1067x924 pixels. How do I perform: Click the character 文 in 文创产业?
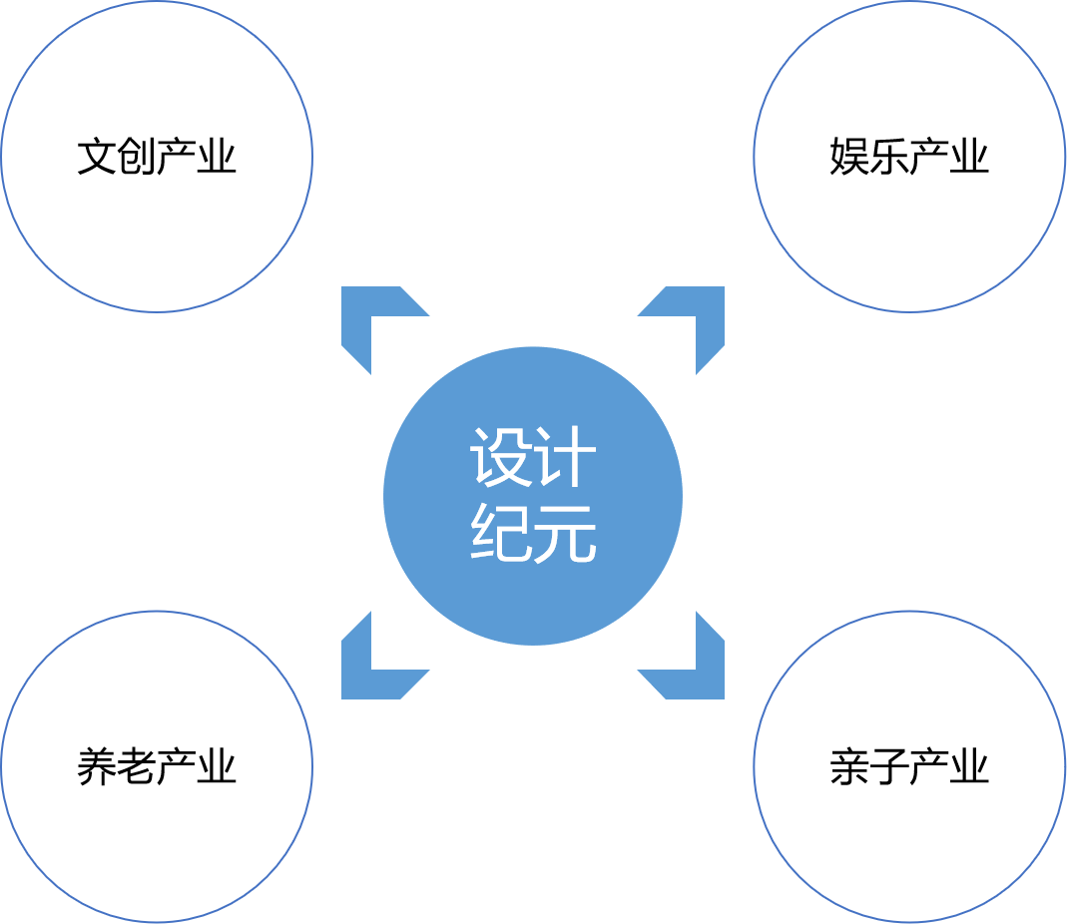tap(97, 158)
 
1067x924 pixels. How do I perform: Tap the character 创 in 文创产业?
tap(137, 158)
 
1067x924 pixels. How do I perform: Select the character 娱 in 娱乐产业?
tap(849, 158)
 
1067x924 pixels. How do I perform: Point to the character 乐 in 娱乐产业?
tap(889, 158)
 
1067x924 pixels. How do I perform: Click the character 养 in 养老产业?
tap(97, 767)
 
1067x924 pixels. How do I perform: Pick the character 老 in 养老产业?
tap(137, 767)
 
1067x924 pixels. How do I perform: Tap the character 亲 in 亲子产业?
tap(849, 767)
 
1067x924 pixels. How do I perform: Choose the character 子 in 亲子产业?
tap(889, 767)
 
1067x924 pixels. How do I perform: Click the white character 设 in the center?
tap(501, 458)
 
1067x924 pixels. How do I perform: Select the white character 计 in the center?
tap(565, 458)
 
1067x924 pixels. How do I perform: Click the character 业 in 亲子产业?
tap(969, 767)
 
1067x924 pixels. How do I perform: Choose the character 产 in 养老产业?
tap(177, 767)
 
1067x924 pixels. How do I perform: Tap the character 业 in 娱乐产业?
tap(969, 158)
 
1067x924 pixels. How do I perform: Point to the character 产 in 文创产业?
tap(177, 158)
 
